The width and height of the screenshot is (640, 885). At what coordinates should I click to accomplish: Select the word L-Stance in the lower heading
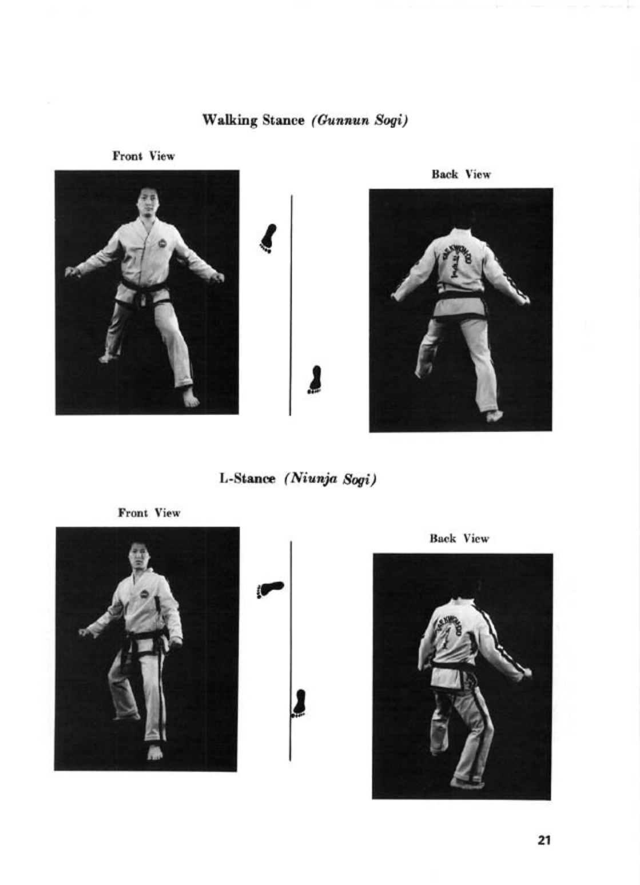[x=247, y=479]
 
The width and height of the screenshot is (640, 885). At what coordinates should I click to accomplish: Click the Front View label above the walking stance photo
[x=144, y=156]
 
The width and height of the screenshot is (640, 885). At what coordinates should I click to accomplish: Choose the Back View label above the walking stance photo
[x=461, y=174]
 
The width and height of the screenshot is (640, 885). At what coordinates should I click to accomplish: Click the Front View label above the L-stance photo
[x=149, y=513]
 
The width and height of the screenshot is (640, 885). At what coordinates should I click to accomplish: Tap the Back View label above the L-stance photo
[x=459, y=538]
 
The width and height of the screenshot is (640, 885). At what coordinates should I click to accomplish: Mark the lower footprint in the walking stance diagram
[x=315, y=379]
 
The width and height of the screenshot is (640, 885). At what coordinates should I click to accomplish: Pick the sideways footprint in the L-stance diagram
[x=270, y=589]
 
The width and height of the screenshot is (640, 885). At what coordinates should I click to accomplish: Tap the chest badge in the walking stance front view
[x=162, y=242]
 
